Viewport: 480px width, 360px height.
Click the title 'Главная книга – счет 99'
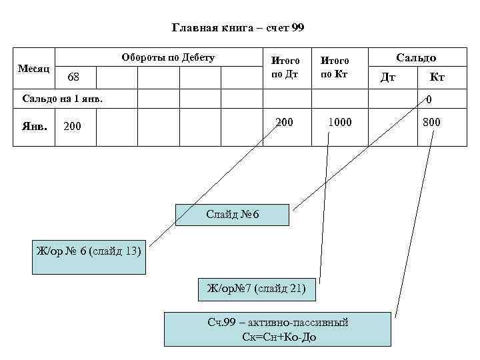[238, 28]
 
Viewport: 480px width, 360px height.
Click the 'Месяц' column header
[33, 69]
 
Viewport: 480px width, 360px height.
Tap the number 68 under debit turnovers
[73, 79]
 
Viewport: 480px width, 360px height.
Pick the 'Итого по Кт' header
[335, 67]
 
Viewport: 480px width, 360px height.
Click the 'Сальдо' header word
[417, 58]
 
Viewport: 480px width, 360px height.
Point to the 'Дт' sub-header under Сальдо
[387, 78]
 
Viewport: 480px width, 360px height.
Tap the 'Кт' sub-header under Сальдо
[437, 78]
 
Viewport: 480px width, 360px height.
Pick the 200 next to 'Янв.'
[72, 125]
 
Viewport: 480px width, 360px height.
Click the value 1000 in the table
[339, 123]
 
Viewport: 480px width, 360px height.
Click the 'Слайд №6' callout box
[232, 215]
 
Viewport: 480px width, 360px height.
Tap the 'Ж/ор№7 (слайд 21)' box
[256, 288]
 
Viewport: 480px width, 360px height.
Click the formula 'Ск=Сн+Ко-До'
[280, 337]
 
